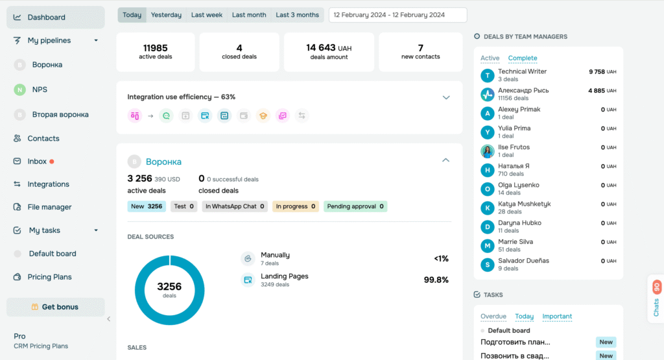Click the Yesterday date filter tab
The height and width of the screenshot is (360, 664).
click(x=166, y=15)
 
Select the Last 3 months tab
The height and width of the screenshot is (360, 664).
click(x=297, y=15)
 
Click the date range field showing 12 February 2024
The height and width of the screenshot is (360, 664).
click(x=397, y=15)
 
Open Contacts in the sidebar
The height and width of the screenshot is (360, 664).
click(x=43, y=138)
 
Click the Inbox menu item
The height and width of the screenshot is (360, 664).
click(x=37, y=162)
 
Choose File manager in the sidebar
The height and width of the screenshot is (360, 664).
click(x=49, y=207)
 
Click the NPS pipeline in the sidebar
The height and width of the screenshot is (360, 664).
click(x=40, y=90)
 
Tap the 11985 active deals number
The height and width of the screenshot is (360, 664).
click(x=155, y=47)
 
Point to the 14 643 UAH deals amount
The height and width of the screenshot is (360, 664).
click(x=329, y=47)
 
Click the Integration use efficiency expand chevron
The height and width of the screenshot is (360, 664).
click(x=446, y=97)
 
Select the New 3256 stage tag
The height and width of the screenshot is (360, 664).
click(x=147, y=206)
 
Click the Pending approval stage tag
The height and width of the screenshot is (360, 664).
click(x=355, y=206)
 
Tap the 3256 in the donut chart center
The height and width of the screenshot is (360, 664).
click(x=169, y=286)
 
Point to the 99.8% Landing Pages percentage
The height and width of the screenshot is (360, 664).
click(x=436, y=280)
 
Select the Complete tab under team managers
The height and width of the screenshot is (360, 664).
click(x=523, y=58)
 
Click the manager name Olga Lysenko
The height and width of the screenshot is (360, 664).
click(x=518, y=185)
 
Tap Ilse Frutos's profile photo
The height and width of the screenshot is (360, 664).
click(x=487, y=151)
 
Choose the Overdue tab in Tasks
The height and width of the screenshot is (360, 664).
click(x=493, y=317)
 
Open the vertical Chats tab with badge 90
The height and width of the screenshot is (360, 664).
click(x=656, y=299)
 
